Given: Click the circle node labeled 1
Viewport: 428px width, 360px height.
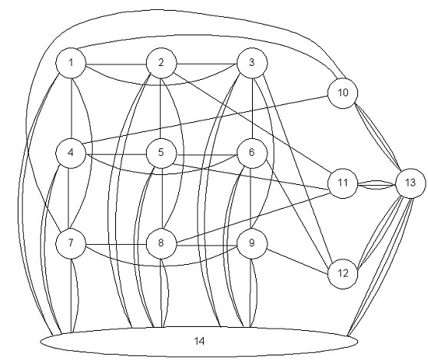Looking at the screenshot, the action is [71, 63].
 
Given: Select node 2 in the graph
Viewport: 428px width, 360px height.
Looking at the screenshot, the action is [161, 63].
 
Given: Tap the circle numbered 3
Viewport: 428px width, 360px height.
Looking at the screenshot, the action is [252, 63].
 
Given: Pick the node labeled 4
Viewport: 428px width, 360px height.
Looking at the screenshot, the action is [71, 153].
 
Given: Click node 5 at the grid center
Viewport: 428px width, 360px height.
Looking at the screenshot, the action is [161, 153].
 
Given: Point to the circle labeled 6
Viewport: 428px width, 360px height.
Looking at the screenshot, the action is [252, 153].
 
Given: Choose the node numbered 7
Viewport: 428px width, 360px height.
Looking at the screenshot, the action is [71, 243].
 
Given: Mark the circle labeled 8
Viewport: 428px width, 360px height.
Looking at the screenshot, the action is [161, 243].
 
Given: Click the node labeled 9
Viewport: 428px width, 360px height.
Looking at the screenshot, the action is [252, 243].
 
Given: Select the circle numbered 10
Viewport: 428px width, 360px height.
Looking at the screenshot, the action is [343, 94].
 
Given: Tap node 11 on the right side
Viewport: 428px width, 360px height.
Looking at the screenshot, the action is [343, 183].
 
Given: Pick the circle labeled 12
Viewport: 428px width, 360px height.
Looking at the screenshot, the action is [343, 273].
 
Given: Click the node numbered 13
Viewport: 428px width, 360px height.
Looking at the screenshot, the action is [410, 183].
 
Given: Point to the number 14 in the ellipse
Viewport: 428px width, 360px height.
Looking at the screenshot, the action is [199, 341].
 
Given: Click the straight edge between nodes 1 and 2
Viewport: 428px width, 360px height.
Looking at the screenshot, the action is [116, 64].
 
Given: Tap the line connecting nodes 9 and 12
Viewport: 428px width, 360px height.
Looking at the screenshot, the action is [297, 261].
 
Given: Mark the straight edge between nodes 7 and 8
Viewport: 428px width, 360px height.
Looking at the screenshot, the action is [116, 244].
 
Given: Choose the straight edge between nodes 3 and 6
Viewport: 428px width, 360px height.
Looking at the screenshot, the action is [253, 108].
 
